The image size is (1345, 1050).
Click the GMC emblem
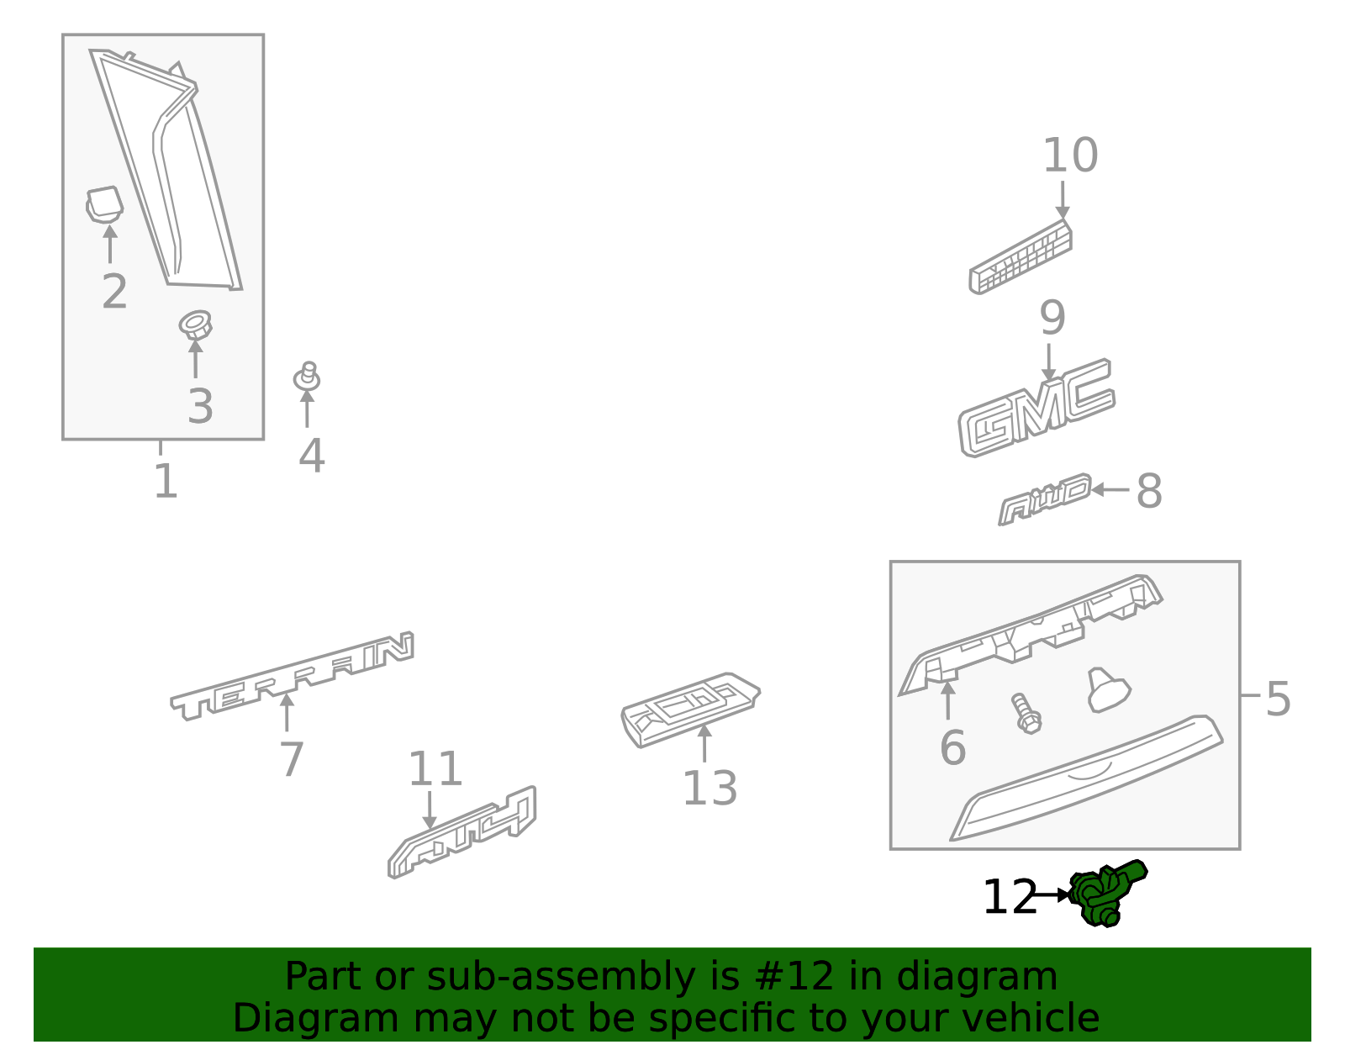pyautogui.click(x=1036, y=409)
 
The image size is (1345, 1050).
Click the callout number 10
pyautogui.click(x=1069, y=156)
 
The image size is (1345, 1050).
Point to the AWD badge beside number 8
pyautogui.click(x=1045, y=499)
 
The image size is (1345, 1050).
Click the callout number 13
pyautogui.click(x=709, y=789)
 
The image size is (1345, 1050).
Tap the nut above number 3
pyautogui.click(x=195, y=324)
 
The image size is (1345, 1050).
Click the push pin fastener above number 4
pyautogui.click(x=308, y=377)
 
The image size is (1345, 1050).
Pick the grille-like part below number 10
pyautogui.click(x=1021, y=258)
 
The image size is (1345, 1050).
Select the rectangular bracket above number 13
pyautogui.click(x=689, y=709)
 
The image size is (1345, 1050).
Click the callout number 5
pyautogui.click(x=1277, y=699)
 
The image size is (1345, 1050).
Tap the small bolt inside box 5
pyautogui.click(x=1026, y=714)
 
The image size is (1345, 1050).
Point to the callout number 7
pyautogui.click(x=291, y=759)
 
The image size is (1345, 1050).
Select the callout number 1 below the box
pyautogui.click(x=166, y=483)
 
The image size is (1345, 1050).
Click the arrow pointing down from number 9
pyautogui.click(x=1048, y=361)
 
